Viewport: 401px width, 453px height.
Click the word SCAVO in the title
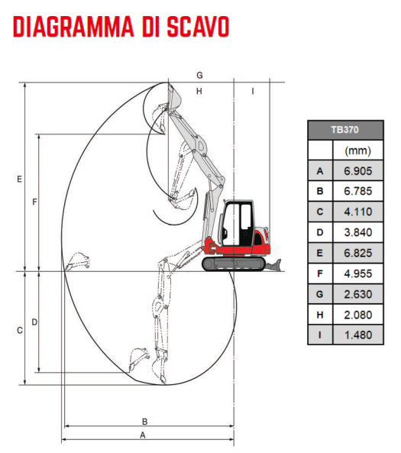coord(198,27)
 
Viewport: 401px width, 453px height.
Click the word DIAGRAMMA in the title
coord(73,27)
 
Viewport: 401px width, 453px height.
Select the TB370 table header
coord(345,130)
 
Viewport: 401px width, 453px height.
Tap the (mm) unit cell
coord(358,150)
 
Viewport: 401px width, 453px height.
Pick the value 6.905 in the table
coord(358,171)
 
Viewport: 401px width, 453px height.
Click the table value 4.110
coord(358,212)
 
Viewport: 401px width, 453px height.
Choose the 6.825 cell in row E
coord(358,253)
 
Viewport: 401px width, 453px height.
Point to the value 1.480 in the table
coord(358,335)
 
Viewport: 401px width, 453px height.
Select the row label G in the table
coord(320,294)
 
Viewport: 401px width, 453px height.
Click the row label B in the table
coord(320,191)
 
